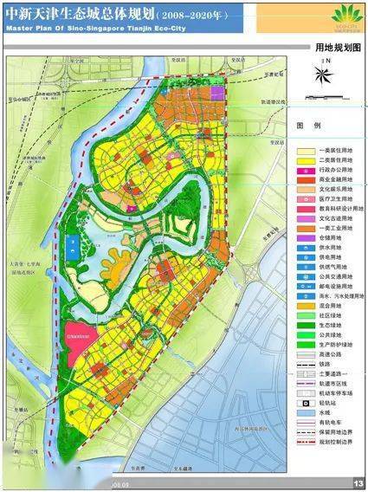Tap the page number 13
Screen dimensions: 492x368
358,483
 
